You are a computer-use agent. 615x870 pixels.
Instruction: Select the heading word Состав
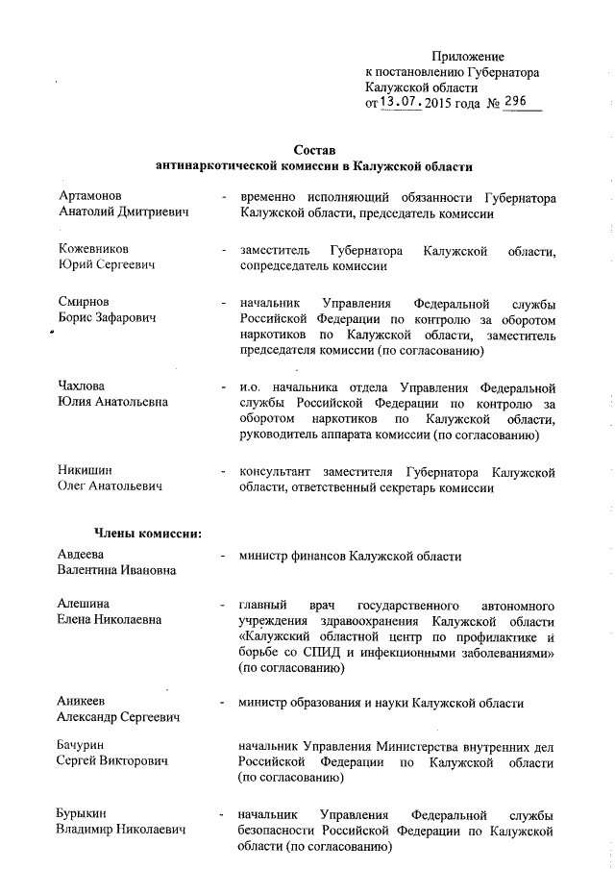[314, 152]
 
